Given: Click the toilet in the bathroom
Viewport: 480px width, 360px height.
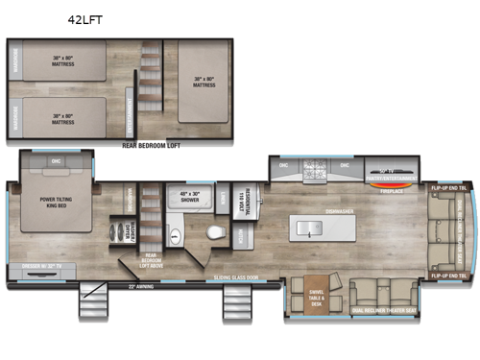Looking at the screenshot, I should pos(215,233).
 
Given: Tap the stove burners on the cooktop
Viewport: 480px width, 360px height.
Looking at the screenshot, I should pos(315,172).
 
